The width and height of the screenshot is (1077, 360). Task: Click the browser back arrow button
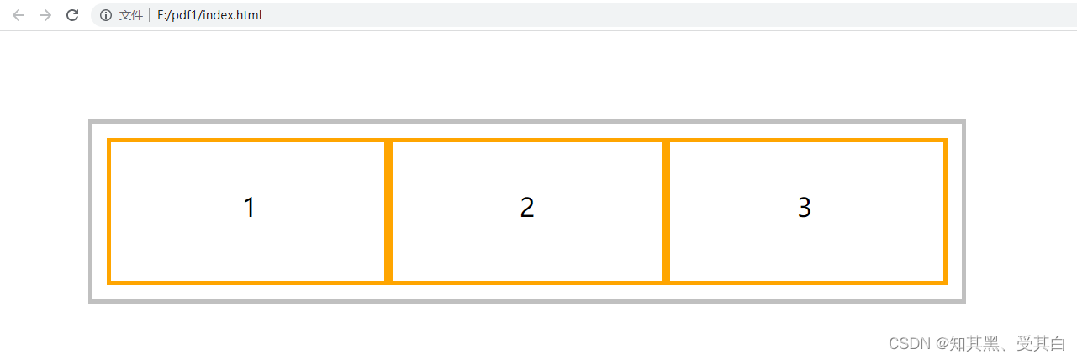(18, 15)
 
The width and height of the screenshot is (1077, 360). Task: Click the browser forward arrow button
(45, 15)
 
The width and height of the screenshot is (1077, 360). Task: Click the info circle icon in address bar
(106, 15)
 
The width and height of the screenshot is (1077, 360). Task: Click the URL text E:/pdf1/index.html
(209, 15)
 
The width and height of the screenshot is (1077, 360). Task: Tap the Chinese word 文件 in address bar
(131, 15)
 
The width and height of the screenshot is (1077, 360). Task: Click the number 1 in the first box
(249, 208)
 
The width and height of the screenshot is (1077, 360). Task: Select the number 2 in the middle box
(527, 208)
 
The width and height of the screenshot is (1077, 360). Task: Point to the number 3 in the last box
(805, 208)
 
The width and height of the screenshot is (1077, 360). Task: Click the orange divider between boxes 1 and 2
(388, 211)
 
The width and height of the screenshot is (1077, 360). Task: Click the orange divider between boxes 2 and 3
(666, 211)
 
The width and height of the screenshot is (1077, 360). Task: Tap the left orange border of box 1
(109, 211)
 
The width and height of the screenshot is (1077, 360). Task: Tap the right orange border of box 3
(945, 211)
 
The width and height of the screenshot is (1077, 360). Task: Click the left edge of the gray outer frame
(91, 211)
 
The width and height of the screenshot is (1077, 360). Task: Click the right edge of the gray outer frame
(963, 211)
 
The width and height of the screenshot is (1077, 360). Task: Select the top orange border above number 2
(527, 140)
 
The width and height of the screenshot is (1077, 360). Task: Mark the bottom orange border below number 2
(527, 282)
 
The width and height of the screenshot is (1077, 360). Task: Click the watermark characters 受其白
(1041, 344)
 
